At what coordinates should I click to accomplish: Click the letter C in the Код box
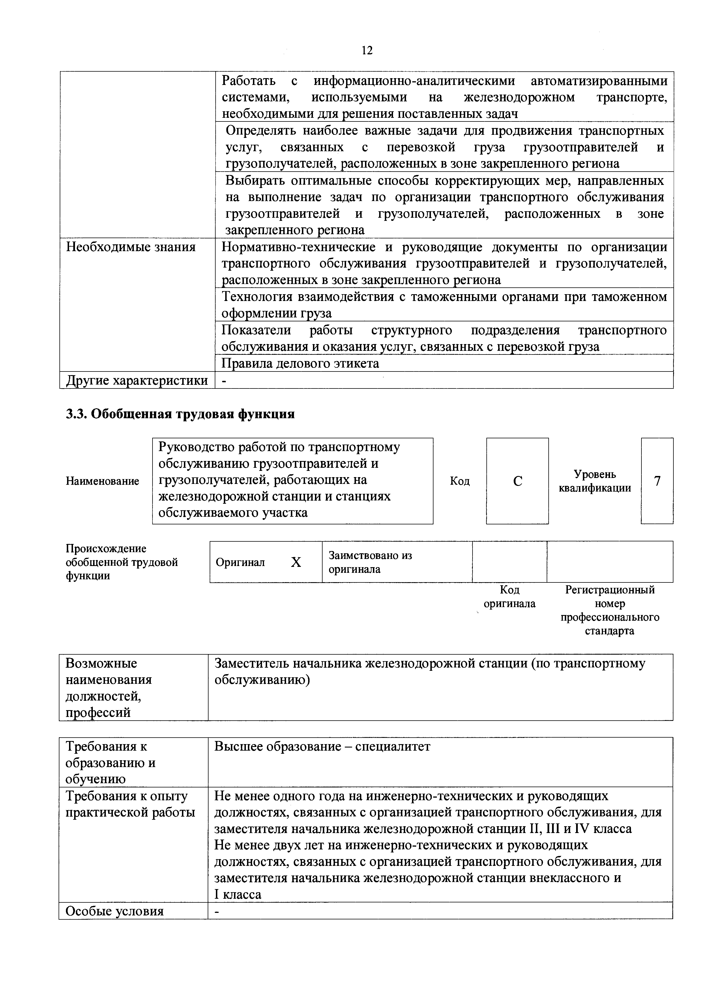(518, 481)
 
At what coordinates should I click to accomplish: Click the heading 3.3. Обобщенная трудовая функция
(180, 414)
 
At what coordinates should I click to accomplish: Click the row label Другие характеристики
(137, 380)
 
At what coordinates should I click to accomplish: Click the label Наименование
(102, 481)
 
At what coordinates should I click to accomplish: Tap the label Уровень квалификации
(595, 481)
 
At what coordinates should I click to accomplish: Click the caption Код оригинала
(509, 597)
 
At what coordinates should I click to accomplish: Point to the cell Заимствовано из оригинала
(370, 562)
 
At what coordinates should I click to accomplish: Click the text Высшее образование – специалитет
(323, 747)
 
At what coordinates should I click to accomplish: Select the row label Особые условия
(115, 911)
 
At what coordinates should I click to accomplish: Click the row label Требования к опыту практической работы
(130, 804)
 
